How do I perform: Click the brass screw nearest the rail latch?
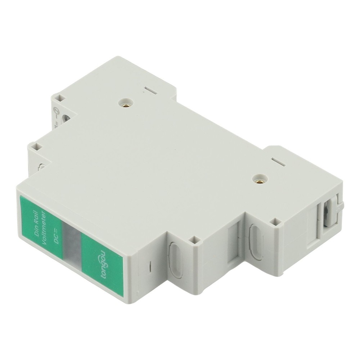point(258,179)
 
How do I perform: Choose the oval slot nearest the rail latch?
point(256,241)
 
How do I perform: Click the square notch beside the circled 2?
point(60,98)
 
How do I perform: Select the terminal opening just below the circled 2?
point(66,117)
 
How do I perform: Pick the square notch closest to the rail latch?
point(276,222)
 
